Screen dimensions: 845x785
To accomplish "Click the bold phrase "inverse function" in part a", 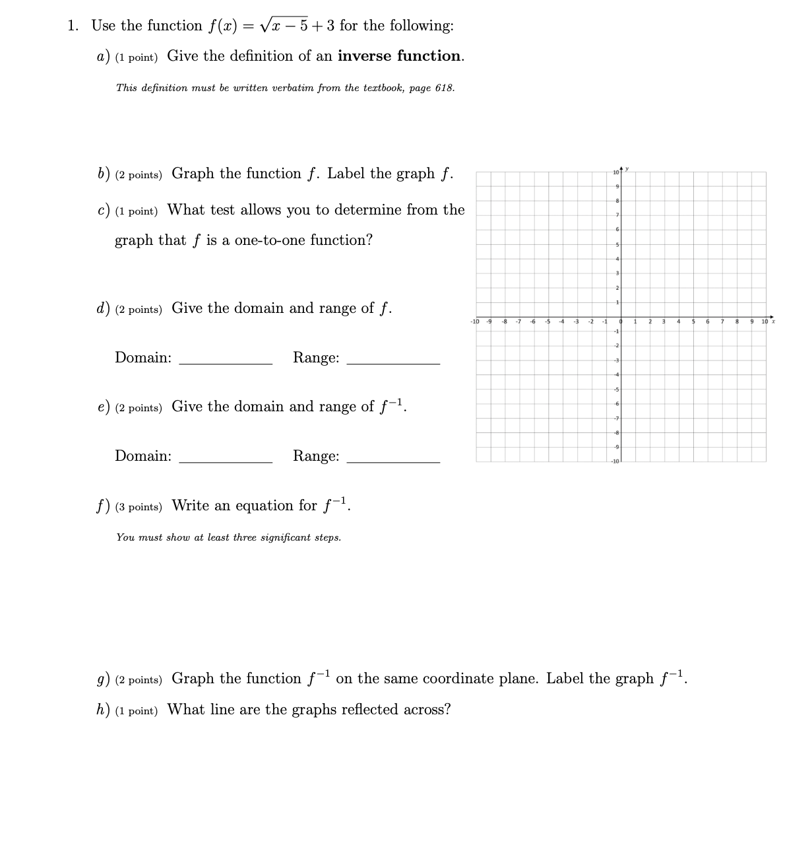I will click(x=399, y=56).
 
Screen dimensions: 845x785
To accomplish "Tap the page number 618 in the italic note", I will click(x=444, y=88).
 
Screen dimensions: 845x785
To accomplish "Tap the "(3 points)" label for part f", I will click(x=139, y=507).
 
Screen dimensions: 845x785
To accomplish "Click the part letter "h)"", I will click(x=103, y=710).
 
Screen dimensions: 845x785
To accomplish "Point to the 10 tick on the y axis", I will click(x=615, y=172).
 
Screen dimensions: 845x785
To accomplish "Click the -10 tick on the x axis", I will click(x=474, y=321).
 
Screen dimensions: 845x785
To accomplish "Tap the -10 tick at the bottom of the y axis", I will click(x=615, y=461).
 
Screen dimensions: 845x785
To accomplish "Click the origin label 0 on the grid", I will click(x=620, y=321).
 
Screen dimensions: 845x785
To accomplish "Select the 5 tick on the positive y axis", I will click(x=617, y=244).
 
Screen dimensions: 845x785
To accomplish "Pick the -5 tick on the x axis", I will click(x=547, y=321).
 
